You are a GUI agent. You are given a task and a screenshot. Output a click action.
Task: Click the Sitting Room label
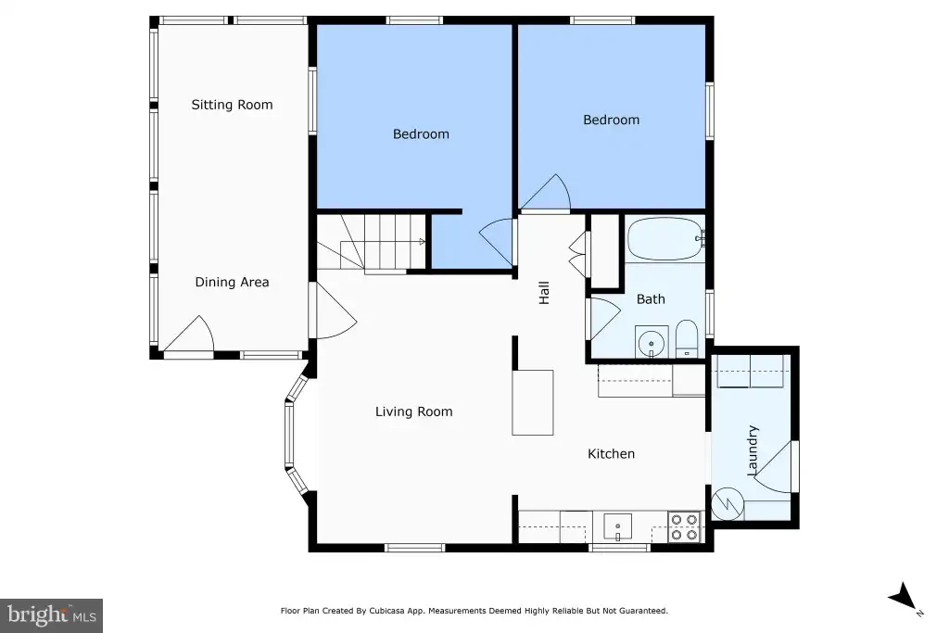232,105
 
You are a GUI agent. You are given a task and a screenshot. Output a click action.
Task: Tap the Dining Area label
232,282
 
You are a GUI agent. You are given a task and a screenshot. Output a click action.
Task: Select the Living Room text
414,411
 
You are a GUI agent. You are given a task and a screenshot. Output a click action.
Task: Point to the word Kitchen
612,454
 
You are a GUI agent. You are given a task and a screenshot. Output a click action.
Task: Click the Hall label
544,293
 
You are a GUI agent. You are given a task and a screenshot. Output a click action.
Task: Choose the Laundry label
753,450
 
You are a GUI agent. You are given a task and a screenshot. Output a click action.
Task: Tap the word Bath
651,299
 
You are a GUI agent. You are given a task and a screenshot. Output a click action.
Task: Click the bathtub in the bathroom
665,238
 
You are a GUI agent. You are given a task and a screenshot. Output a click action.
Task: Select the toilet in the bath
687,338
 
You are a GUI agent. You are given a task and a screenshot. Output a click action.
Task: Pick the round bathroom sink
652,343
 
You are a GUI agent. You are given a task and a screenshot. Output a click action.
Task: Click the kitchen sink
618,526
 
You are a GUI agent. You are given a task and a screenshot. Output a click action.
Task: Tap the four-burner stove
685,527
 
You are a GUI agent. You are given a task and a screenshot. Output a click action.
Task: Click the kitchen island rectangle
533,402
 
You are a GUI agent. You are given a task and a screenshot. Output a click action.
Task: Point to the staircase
371,243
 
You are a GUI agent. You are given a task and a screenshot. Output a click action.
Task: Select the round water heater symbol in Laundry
728,503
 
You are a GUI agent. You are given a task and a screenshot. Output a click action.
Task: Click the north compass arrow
905,597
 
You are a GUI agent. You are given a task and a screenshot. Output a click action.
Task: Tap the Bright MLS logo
52,615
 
